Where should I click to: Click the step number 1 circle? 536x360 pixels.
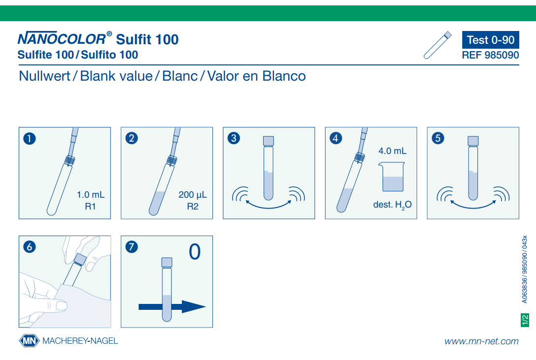coord(30,139)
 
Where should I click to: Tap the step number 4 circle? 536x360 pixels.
coord(336,138)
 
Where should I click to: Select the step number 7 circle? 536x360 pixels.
coord(132,246)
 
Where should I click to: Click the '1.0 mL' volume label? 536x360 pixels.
coord(90,195)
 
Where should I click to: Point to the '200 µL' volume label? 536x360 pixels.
coord(192,195)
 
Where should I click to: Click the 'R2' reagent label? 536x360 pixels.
coord(192,207)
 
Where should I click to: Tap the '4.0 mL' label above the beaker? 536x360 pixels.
coord(392,151)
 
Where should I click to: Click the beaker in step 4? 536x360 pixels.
coord(392,177)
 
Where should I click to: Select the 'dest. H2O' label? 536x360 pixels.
coord(392,205)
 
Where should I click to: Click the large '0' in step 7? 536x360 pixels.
coord(195,252)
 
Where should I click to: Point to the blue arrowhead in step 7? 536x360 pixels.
coord(193,307)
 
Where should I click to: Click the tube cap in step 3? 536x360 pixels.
coord(268,141)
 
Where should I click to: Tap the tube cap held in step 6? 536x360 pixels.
coord(80,259)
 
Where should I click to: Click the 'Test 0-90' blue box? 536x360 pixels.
coord(491,40)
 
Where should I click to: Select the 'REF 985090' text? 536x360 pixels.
coord(491,55)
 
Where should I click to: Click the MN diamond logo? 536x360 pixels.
coord(30,340)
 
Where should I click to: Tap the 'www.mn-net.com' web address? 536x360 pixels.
coord(481,341)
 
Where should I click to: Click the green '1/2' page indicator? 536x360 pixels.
coord(525,320)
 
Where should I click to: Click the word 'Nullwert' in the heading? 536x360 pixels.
coord(44,76)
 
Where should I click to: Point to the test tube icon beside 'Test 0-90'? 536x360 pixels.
coord(438,45)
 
